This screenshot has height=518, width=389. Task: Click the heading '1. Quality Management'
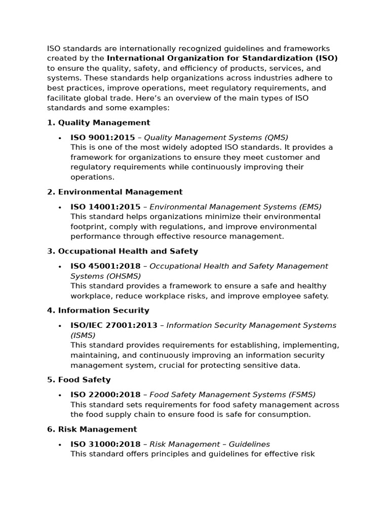click(98, 122)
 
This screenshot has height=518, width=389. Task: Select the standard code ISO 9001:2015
click(103, 138)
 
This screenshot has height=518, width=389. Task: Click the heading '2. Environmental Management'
click(114, 192)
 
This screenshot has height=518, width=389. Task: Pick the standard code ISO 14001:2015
click(105, 207)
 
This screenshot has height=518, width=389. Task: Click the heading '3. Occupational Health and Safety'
click(123, 251)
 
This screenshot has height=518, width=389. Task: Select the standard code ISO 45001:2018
click(105, 266)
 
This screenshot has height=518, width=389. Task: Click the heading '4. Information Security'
click(98, 310)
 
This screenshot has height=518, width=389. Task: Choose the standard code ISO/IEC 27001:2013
click(114, 325)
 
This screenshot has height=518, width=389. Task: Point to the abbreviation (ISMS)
click(83, 335)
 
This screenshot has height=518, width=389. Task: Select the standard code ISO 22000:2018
click(105, 395)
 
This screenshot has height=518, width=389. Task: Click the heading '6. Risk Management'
click(92, 429)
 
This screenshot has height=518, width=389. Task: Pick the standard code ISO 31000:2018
click(105, 444)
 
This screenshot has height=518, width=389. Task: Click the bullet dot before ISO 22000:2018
click(60, 395)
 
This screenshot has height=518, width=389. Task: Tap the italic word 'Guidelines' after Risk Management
click(249, 444)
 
